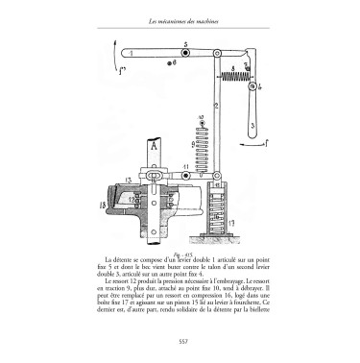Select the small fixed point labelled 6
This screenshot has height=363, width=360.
169,63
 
